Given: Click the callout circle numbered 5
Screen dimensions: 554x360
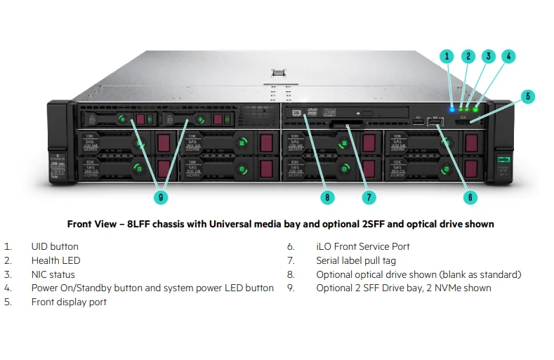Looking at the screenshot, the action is pyautogui.click(x=529, y=96).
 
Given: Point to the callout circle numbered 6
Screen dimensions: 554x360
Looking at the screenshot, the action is pyautogui.click(x=470, y=197).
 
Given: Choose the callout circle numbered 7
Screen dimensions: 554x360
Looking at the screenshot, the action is pyautogui.click(x=369, y=197).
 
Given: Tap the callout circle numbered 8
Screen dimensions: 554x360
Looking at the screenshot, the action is pyautogui.click(x=327, y=197).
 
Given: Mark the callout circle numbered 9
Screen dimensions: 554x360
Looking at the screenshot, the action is pyautogui.click(x=161, y=197).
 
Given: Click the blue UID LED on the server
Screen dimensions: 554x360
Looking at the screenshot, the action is pyautogui.click(x=452, y=108).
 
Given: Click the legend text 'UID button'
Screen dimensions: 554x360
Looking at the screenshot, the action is pyautogui.click(x=55, y=246).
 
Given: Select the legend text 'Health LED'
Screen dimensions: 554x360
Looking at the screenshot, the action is pyautogui.click(x=55, y=260).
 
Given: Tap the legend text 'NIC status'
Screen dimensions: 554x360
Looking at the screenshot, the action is pyautogui.click(x=53, y=274).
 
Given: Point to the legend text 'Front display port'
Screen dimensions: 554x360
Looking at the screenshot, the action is pyautogui.click(x=69, y=302).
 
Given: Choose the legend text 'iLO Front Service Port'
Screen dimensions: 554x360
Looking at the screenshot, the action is pyautogui.click(x=362, y=246).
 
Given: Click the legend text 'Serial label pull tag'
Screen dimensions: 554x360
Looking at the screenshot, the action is pyautogui.click(x=358, y=260).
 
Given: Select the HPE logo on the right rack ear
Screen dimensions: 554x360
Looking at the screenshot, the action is pyautogui.click(x=503, y=160).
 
